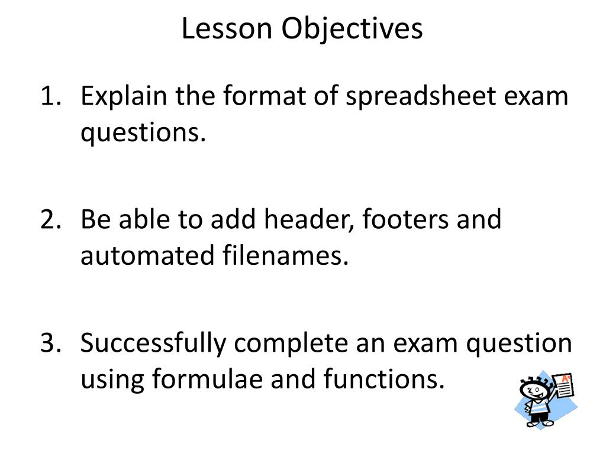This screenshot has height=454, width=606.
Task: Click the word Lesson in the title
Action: [x=227, y=28]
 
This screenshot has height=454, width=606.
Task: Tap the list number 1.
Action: [x=51, y=96]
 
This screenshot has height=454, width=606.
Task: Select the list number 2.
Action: [x=51, y=219]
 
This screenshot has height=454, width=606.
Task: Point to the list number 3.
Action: [x=51, y=343]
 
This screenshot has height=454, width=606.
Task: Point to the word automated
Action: [x=147, y=255]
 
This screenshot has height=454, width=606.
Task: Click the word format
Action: [x=265, y=96]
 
